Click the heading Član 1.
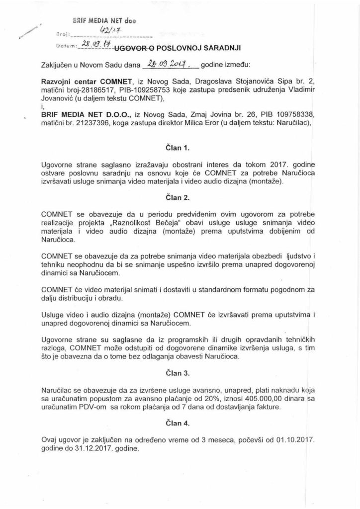pyautogui.click(x=180, y=148)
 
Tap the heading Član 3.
pyautogui.click(x=180, y=371)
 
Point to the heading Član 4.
pyautogui.click(x=180, y=423)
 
